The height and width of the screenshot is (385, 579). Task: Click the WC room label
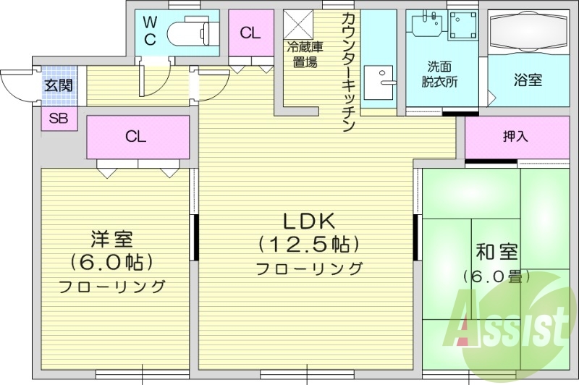tap(150, 30)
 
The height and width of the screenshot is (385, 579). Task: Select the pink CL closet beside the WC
tap(250, 32)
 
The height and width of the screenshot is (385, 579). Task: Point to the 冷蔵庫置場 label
tap(305, 55)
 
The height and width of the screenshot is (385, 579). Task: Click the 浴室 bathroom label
tap(528, 80)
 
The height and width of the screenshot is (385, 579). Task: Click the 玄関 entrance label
tap(58, 85)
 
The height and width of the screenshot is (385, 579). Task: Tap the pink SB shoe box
tap(58, 119)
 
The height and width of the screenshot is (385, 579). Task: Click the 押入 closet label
tap(515, 135)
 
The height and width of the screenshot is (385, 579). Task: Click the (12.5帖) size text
tap(308, 244)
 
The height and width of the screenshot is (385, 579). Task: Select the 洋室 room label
tap(111, 238)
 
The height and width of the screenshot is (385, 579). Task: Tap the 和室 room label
tap(496, 252)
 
